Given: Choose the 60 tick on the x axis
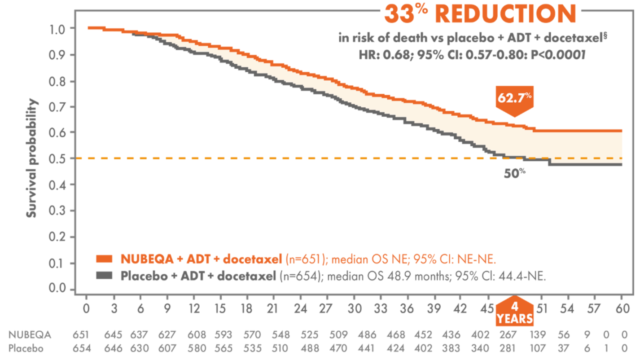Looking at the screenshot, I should [x=621, y=309].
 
